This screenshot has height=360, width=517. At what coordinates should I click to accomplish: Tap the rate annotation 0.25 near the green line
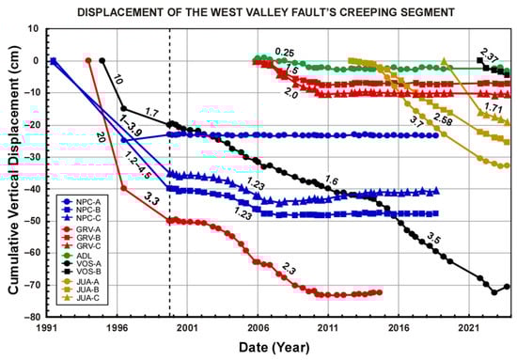(284, 52)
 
